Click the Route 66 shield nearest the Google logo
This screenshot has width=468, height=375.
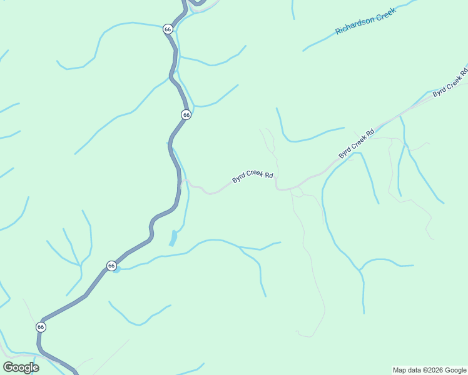click(x=41, y=327)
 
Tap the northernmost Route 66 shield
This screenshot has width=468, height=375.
click(x=167, y=29)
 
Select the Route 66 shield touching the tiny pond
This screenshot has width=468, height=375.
click(x=111, y=266)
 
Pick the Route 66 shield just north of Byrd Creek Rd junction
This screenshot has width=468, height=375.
click(x=186, y=114)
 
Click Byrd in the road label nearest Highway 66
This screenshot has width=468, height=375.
click(x=238, y=179)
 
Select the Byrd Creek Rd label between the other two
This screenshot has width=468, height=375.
click(x=357, y=142)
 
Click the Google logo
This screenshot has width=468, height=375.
click(x=21, y=367)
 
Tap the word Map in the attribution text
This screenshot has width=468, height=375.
click(x=399, y=370)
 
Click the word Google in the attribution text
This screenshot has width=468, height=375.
click(x=455, y=370)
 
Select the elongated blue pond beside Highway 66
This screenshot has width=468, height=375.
click(x=173, y=238)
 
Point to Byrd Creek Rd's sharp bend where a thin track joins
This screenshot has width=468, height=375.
click(x=277, y=186)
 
